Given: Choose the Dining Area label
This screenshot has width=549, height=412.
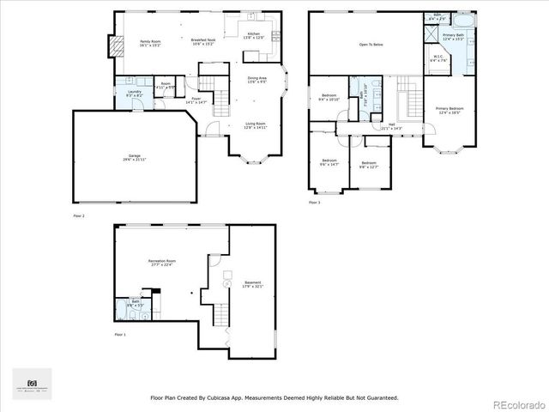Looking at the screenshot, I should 258,79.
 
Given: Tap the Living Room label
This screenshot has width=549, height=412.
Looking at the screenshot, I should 256,124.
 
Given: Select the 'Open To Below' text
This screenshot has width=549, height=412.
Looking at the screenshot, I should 371,44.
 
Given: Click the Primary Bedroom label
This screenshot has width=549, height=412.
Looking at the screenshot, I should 450,109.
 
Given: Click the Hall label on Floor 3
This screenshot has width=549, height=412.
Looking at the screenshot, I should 390,126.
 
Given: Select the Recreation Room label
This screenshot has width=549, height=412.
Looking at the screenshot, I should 161,262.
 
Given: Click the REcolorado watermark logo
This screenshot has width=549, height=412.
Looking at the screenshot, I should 516,403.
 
